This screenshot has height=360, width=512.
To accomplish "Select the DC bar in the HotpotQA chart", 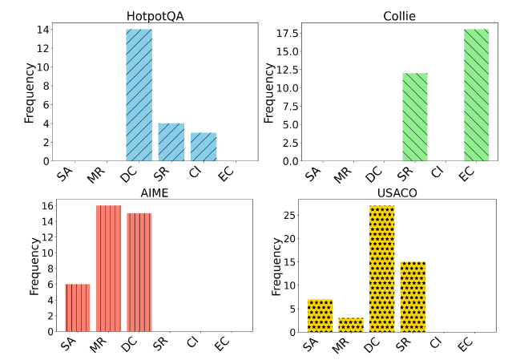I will click(139, 95).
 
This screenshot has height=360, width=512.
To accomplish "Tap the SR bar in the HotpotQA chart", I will click(171, 142).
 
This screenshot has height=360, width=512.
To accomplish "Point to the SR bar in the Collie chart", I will click(415, 117).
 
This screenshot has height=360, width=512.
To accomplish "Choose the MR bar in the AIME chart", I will click(108, 269).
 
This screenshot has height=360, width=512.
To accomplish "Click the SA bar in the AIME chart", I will click(78, 308).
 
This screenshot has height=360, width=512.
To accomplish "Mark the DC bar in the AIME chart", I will click(139, 273).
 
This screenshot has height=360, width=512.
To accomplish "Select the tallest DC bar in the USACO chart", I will click(381, 269).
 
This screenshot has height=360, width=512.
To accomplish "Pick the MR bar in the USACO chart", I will click(350, 325).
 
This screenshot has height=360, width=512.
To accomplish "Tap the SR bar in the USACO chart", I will click(412, 297).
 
